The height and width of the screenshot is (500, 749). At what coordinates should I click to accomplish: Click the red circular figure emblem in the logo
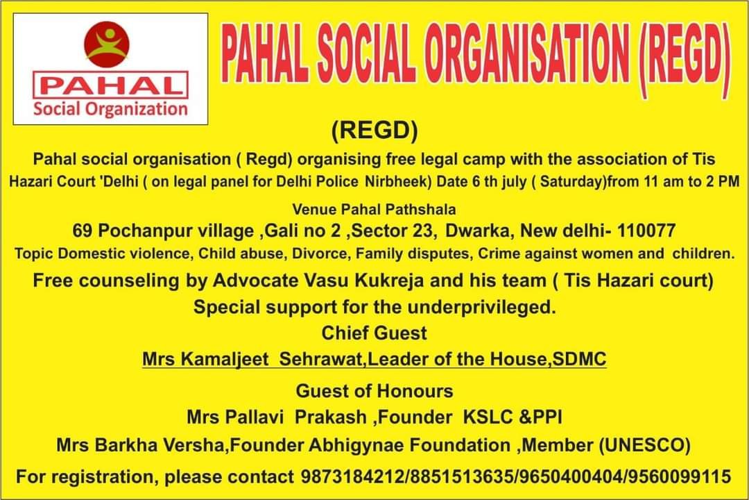tap(107, 44)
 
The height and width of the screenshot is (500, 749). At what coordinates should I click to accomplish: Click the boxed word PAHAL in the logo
tap(110, 85)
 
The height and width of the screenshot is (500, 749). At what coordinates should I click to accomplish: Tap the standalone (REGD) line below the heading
tap(374, 130)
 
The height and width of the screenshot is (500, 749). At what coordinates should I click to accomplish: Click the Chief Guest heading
tap(374, 333)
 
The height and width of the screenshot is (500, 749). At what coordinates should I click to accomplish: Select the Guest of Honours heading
tap(374, 391)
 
